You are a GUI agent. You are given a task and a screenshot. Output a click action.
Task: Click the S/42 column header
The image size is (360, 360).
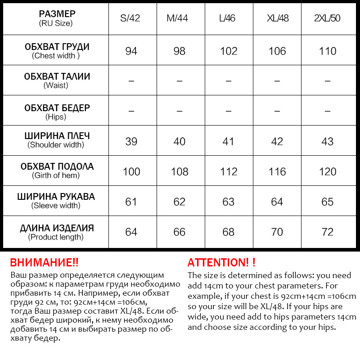(x=131, y=18)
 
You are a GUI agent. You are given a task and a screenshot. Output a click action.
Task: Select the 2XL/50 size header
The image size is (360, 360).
(x=328, y=18)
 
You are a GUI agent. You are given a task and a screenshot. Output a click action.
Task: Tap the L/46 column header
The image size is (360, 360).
(x=229, y=18)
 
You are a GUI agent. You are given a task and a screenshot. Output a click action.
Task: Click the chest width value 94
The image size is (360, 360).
(x=131, y=51)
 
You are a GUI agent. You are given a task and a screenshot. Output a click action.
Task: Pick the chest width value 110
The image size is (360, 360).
(x=328, y=51)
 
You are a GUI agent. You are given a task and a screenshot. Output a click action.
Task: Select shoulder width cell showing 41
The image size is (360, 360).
(x=229, y=141)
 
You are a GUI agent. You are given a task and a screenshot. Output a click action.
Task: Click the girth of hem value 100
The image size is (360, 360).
(x=131, y=171)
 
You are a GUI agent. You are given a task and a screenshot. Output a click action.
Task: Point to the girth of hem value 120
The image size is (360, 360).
(x=328, y=171)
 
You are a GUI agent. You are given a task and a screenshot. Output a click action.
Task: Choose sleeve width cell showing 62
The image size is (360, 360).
(x=179, y=202)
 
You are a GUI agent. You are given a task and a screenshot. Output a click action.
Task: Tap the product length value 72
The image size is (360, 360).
(x=328, y=232)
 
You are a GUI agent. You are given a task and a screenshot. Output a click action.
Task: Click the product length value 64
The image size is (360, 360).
(x=131, y=232)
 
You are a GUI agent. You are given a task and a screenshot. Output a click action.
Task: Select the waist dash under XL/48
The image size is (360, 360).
(x=277, y=81)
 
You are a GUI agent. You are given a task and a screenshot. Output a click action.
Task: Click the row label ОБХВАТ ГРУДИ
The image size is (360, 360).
(x=57, y=47)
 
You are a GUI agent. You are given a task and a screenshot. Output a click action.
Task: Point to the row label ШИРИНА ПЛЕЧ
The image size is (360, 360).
(x=57, y=136)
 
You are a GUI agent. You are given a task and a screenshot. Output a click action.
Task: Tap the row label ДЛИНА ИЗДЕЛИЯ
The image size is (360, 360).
(x=57, y=228)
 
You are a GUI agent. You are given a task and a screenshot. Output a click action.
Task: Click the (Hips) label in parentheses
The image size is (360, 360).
(x=56, y=117)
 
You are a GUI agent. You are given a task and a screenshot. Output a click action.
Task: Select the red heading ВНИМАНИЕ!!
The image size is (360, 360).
(x=44, y=263)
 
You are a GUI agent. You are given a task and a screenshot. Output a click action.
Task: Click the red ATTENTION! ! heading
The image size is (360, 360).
(x=221, y=263)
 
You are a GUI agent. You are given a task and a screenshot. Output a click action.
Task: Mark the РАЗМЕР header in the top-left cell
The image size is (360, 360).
(x=57, y=13)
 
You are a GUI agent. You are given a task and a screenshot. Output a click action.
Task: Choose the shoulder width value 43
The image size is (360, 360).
(x=328, y=141)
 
